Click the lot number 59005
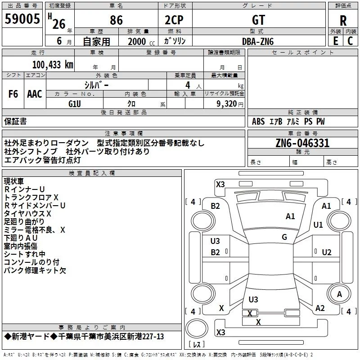point(22,19)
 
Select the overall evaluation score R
point(343,20)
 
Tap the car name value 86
point(116,20)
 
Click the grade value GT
point(259,20)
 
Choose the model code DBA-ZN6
point(258,41)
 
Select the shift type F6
point(13,94)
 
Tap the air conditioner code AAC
point(35,94)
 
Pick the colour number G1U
point(74,103)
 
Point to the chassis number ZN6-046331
point(303,143)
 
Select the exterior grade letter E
point(335,41)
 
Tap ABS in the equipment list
point(258,121)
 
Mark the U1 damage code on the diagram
point(318,225)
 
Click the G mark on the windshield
point(284,237)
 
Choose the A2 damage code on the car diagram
point(320,308)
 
